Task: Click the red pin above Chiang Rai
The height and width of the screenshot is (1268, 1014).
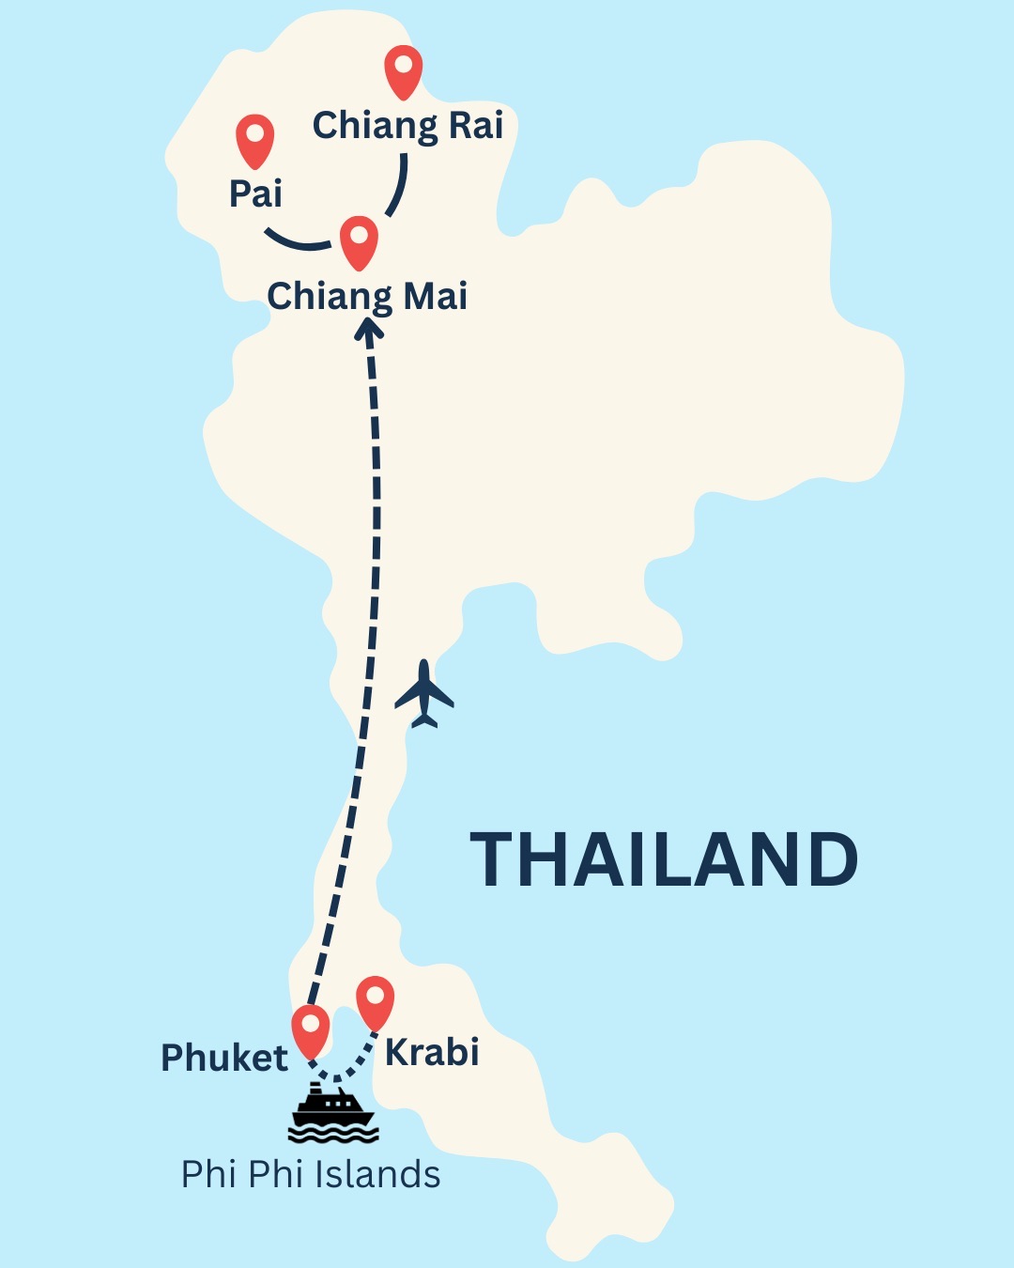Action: pos(404,70)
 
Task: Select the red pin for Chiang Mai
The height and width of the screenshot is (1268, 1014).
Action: pos(359,240)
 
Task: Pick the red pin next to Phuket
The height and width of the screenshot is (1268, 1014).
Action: pos(311,1029)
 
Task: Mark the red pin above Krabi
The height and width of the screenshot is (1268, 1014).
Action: pos(375,1001)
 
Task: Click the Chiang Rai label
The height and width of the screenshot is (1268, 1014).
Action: pos(407,126)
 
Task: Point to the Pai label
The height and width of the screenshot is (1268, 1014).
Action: pos(255,193)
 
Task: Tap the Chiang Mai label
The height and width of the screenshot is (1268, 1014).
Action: pos(367,297)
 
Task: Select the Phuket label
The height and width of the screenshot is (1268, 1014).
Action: pos(224,1059)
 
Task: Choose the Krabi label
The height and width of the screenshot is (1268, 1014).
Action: pos(432,1053)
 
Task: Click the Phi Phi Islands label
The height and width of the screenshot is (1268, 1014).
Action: pos(311,1175)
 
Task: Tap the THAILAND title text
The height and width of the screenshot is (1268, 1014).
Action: pos(664,859)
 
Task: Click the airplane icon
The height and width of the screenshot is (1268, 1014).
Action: pos(424,694)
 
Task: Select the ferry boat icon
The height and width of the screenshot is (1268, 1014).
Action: pos(333,1113)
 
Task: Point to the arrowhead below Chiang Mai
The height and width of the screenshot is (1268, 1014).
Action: pos(368,329)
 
